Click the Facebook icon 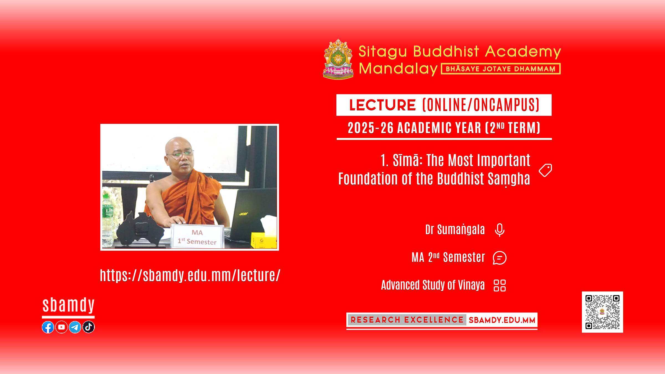(48, 327)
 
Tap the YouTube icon (62, 327)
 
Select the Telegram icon (75, 327)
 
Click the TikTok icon (88, 327)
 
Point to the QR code (602, 312)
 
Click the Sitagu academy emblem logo (338, 59)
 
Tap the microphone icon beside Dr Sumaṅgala (500, 230)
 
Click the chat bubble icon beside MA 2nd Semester (500, 258)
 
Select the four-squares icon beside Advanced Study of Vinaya (500, 285)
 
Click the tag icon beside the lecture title (545, 170)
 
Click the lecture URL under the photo (190, 276)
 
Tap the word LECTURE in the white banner (382, 105)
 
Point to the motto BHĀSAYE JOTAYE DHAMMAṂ (501, 69)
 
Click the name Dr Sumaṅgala (455, 230)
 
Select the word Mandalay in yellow (398, 69)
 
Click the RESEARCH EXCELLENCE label (407, 320)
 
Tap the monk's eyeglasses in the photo (180, 153)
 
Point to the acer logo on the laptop (244, 214)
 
